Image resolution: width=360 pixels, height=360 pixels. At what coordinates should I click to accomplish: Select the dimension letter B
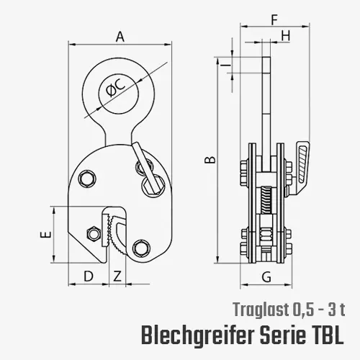click(x=209, y=160)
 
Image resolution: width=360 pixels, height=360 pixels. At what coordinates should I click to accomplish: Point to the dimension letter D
click(x=89, y=275)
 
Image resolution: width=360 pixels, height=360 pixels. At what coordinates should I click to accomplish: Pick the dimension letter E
click(x=45, y=235)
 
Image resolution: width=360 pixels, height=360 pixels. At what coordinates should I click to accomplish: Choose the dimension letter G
click(x=266, y=276)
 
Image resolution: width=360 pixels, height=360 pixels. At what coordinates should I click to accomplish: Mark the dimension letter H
click(x=286, y=35)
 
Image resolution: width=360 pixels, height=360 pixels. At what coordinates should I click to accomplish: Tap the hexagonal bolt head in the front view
click(x=91, y=233)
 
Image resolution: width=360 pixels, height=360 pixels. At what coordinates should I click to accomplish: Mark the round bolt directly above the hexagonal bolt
click(x=89, y=177)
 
